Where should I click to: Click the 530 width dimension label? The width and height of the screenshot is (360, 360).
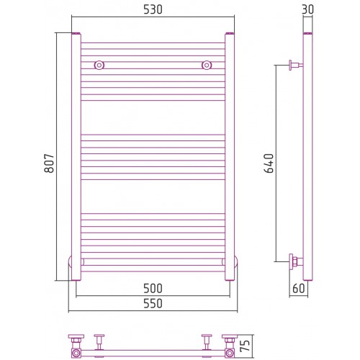[153, 9]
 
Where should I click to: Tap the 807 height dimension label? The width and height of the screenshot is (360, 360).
[49, 163]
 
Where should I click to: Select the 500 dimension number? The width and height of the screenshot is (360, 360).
[153, 288]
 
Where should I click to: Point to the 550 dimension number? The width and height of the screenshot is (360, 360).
[153, 303]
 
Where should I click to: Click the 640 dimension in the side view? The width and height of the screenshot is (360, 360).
[269, 163]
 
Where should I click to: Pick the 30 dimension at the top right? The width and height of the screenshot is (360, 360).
[307, 9]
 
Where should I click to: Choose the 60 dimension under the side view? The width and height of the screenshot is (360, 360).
[299, 288]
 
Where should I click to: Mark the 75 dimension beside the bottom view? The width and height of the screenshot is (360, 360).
[245, 346]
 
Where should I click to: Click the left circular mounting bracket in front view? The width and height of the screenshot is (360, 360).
[99, 65]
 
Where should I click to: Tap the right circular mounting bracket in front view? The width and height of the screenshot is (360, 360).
[207, 65]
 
